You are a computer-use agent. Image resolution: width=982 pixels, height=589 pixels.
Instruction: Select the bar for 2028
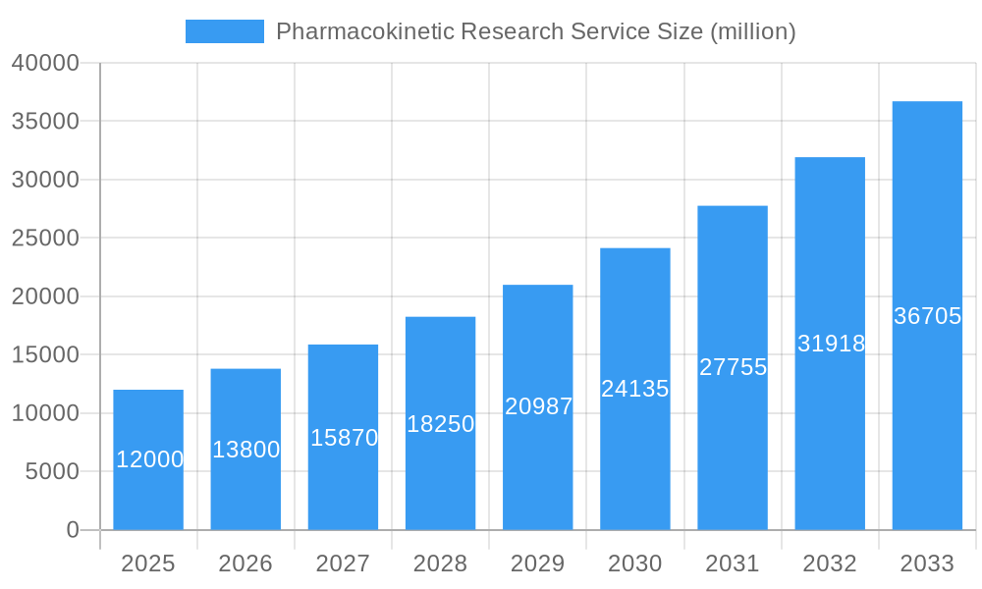point(440,423)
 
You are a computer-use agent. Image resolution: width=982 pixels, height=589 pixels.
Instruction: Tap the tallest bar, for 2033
point(927,315)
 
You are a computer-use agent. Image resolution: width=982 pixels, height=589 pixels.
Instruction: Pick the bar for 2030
point(635,389)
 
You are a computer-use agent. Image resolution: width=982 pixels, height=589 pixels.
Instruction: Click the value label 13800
point(245,450)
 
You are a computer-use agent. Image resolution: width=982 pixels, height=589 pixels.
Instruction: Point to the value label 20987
point(538,406)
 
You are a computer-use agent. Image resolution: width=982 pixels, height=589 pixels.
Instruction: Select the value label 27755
point(733,367)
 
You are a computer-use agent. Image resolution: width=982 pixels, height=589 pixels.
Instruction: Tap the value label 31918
point(831,344)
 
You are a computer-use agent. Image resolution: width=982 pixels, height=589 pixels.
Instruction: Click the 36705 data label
point(927,316)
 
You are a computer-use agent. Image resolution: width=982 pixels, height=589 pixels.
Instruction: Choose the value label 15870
point(344,438)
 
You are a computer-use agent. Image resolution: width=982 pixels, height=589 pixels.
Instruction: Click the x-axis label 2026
point(245,563)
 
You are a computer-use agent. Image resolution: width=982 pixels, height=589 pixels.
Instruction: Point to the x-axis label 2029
point(538,563)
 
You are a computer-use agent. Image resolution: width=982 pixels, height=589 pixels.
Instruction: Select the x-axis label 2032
point(830,563)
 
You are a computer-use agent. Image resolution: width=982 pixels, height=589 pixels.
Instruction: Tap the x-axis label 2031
point(733,563)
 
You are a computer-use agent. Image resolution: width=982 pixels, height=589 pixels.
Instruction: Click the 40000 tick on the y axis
point(45,63)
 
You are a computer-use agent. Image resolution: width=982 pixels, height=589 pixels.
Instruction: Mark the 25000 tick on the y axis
point(45,238)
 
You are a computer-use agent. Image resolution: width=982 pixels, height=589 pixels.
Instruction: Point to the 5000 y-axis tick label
point(51,471)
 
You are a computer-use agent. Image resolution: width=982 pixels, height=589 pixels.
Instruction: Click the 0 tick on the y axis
point(73,530)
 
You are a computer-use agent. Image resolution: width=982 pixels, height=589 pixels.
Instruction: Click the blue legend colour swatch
point(225,31)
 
